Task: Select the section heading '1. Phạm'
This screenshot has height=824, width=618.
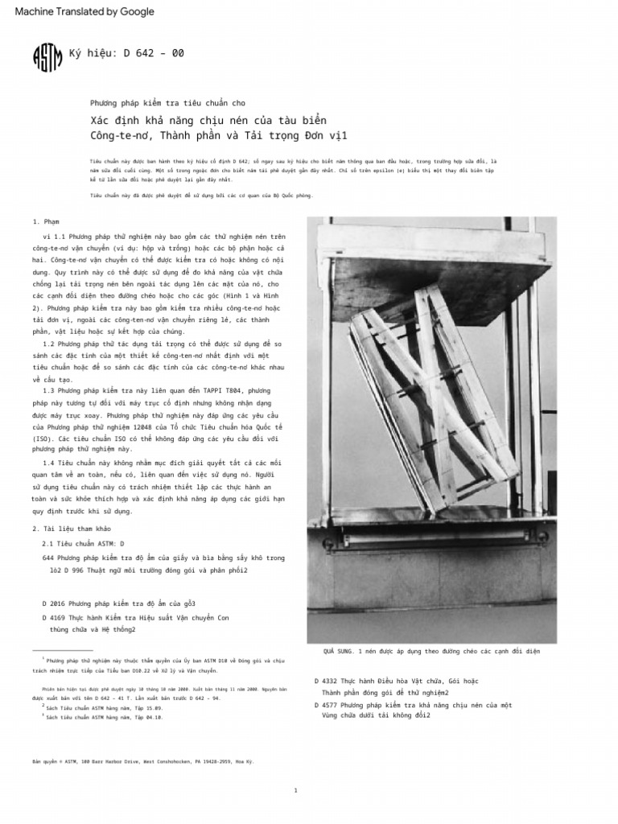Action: coord(47,221)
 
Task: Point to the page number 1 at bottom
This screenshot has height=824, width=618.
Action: coord(295,790)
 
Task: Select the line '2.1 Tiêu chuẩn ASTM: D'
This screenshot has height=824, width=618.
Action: coord(83,543)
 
